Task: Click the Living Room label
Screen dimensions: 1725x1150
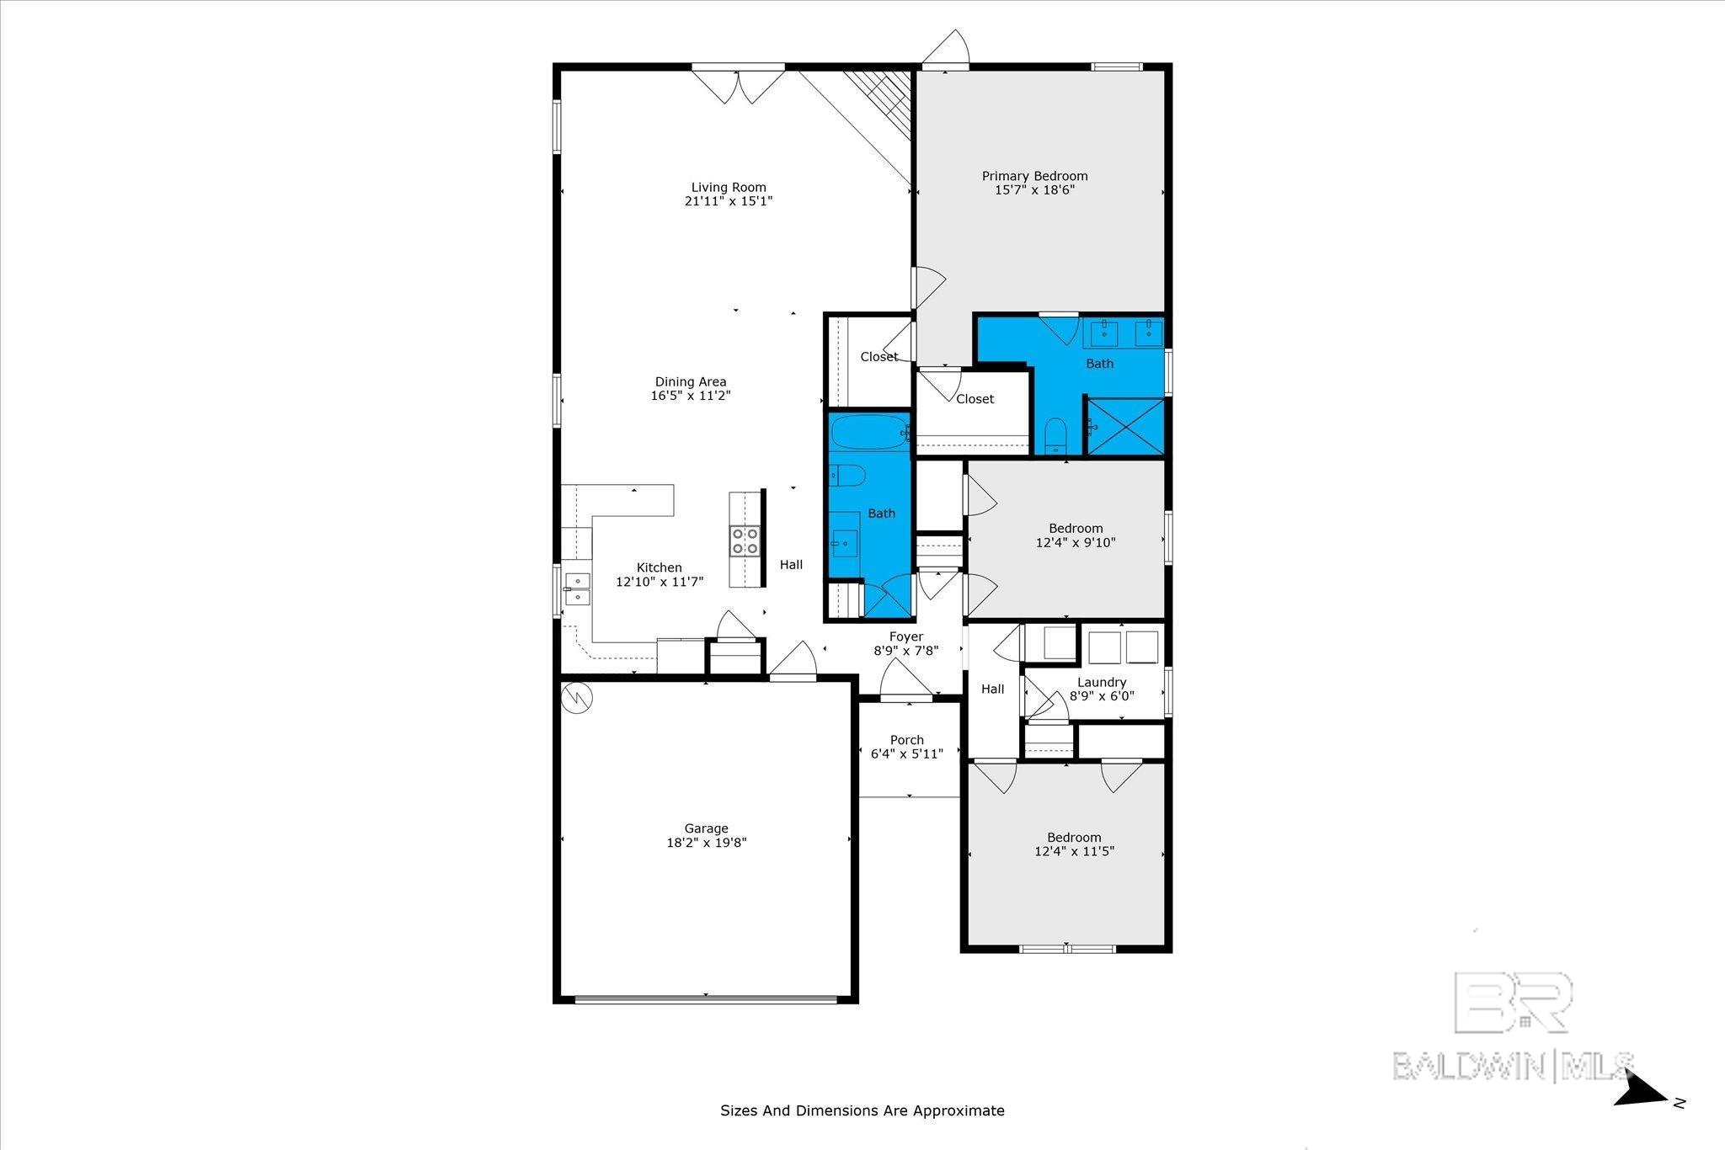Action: (x=729, y=188)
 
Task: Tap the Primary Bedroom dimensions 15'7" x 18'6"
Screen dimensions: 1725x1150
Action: (x=1034, y=190)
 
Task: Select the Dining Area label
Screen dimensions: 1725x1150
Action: (x=691, y=382)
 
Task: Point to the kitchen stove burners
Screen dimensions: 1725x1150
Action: (x=745, y=540)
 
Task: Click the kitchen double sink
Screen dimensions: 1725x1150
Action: (x=577, y=588)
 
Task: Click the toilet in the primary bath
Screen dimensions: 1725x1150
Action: (x=1055, y=437)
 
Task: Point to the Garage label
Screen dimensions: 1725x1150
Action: (x=706, y=828)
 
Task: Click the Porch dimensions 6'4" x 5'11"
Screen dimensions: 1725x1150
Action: (x=907, y=754)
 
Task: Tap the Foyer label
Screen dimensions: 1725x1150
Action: (x=906, y=637)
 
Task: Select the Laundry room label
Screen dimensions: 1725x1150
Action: (x=1102, y=683)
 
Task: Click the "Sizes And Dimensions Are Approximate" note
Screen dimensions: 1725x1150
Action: (x=862, y=1110)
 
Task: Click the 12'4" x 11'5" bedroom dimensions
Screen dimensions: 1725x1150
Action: (x=1074, y=851)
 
